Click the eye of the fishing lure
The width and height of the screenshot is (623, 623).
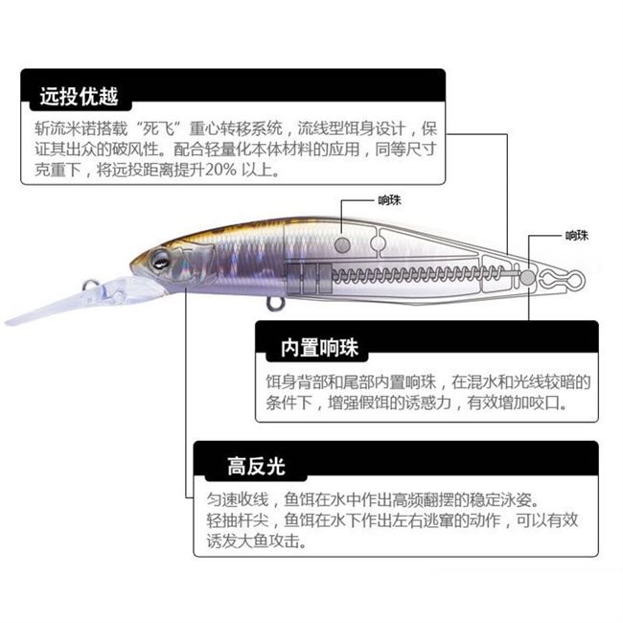[158, 258]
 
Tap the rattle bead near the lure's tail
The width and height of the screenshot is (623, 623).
[527, 276]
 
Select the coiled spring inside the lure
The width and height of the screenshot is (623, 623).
[422, 276]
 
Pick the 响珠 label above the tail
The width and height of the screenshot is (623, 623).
[576, 235]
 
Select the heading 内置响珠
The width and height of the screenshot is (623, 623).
[318, 347]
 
